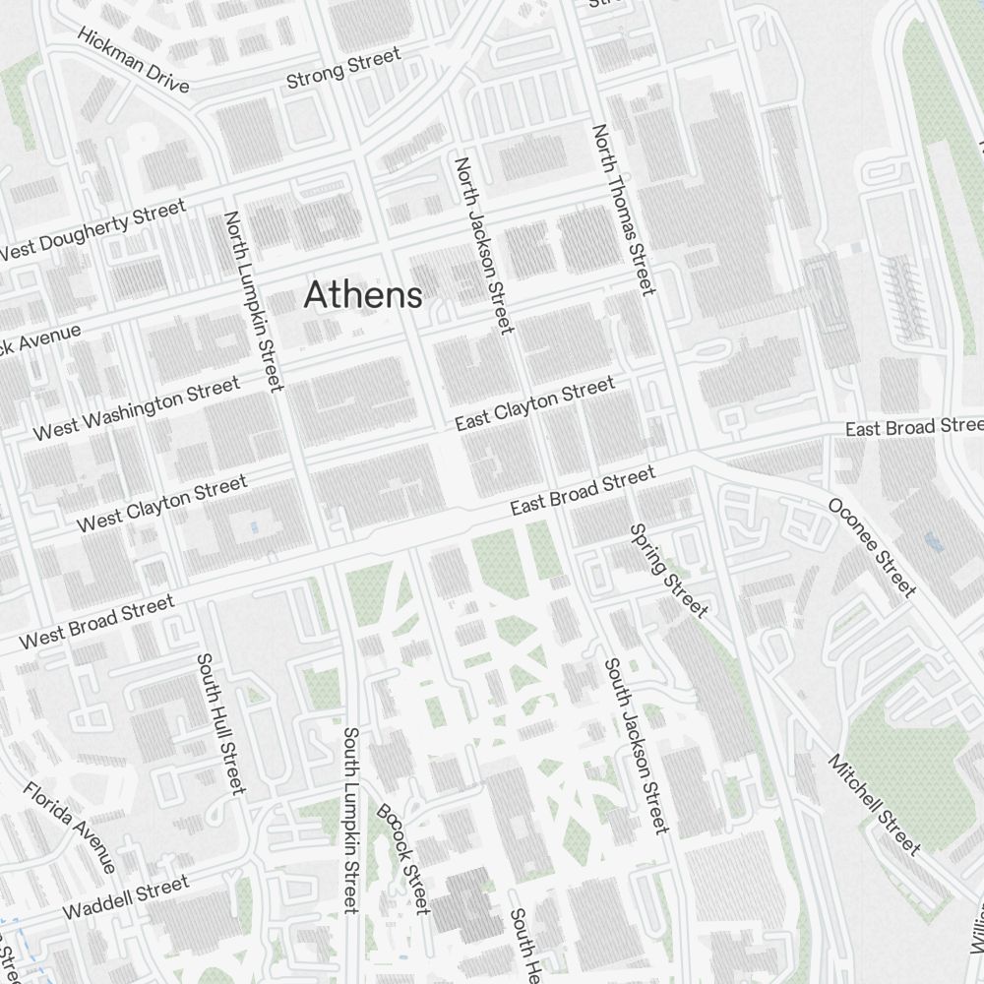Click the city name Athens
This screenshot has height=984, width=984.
[x=363, y=294]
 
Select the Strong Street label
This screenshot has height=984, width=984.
[x=343, y=69]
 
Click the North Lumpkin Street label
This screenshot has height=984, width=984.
[x=254, y=300]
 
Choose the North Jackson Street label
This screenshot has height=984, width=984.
[x=483, y=244]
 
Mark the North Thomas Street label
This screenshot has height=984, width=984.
[x=622, y=210]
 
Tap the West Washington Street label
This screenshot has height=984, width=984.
[x=136, y=408]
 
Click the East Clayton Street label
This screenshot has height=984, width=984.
[x=534, y=403]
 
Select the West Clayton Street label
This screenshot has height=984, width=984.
[x=162, y=504]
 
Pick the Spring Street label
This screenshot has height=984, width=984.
[x=668, y=571]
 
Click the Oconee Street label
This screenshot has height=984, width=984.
[x=872, y=547]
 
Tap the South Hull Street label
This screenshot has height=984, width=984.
[x=219, y=723]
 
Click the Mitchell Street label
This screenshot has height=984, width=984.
[x=874, y=804]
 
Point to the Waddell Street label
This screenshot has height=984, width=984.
[x=125, y=898]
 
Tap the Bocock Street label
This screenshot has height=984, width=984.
[x=403, y=859]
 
